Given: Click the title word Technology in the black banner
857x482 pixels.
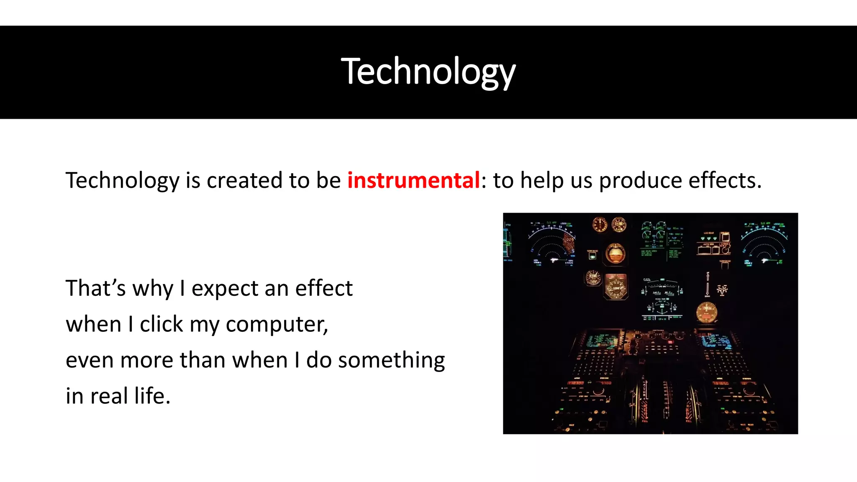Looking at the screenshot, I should [428, 72].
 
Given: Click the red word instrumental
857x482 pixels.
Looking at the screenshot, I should [413, 180].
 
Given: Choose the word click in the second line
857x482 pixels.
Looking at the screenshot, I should [161, 324].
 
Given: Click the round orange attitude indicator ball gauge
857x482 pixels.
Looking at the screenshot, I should [615, 254].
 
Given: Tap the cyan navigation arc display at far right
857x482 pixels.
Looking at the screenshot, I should [765, 245].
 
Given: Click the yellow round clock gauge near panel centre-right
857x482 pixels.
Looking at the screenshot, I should [707, 312].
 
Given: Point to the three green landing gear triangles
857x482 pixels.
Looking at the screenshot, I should [709, 238].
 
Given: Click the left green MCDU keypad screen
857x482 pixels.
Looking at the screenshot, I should [601, 341].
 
